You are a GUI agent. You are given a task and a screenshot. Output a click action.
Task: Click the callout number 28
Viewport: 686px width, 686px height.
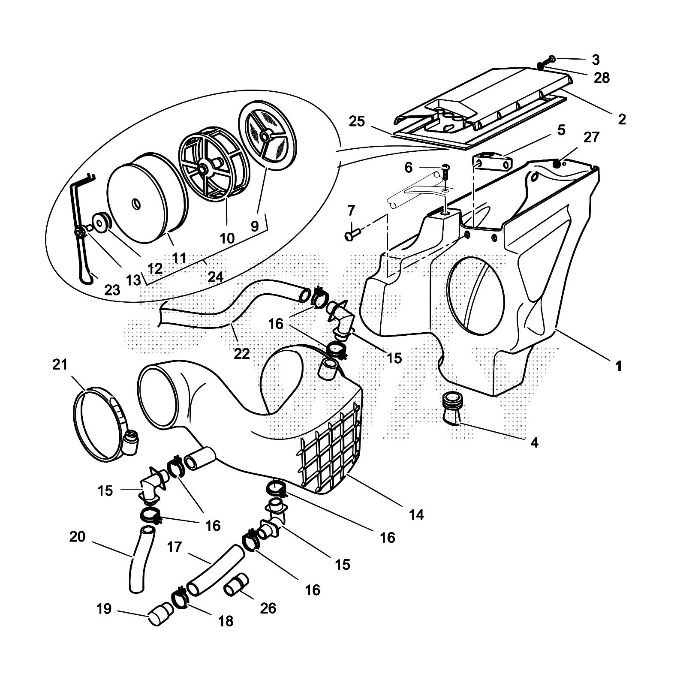(x=602, y=78)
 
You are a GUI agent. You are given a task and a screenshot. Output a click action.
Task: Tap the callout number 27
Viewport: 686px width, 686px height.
(x=591, y=137)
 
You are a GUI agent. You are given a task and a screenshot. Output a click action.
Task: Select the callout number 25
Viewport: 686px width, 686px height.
(x=357, y=121)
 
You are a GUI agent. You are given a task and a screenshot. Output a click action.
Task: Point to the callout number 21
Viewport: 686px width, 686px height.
(x=60, y=364)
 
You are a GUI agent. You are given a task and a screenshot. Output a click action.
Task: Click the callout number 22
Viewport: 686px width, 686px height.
(x=242, y=353)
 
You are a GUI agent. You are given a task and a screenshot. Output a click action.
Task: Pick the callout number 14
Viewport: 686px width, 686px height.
(x=416, y=514)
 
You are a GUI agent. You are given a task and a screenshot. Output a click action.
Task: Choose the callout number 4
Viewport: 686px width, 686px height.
(x=534, y=442)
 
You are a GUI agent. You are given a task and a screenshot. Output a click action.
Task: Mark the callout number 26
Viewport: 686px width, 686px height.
(x=268, y=608)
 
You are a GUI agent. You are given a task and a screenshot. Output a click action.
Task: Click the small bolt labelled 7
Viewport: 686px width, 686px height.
(x=351, y=235)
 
